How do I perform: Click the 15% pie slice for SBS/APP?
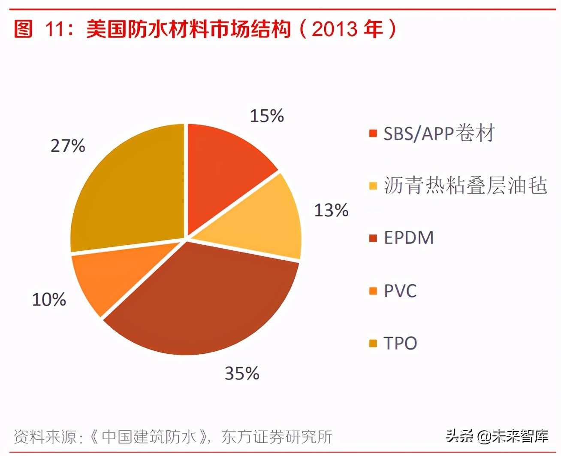click(x=223, y=167)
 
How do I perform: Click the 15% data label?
click(x=267, y=116)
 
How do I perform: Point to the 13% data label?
click(x=331, y=210)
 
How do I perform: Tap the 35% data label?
click(x=242, y=374)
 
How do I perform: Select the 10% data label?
click(x=49, y=300)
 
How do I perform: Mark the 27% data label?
click(x=68, y=146)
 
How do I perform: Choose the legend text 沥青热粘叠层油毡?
click(x=465, y=185)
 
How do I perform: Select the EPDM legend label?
click(x=409, y=238)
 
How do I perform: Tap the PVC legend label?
click(x=400, y=291)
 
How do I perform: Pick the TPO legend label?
click(x=400, y=343)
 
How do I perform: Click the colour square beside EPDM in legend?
click(x=373, y=238)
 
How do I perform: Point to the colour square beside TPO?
click(x=373, y=344)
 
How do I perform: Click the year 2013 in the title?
click(x=335, y=29)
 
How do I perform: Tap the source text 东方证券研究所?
click(x=277, y=437)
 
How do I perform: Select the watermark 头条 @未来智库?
click(x=497, y=436)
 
